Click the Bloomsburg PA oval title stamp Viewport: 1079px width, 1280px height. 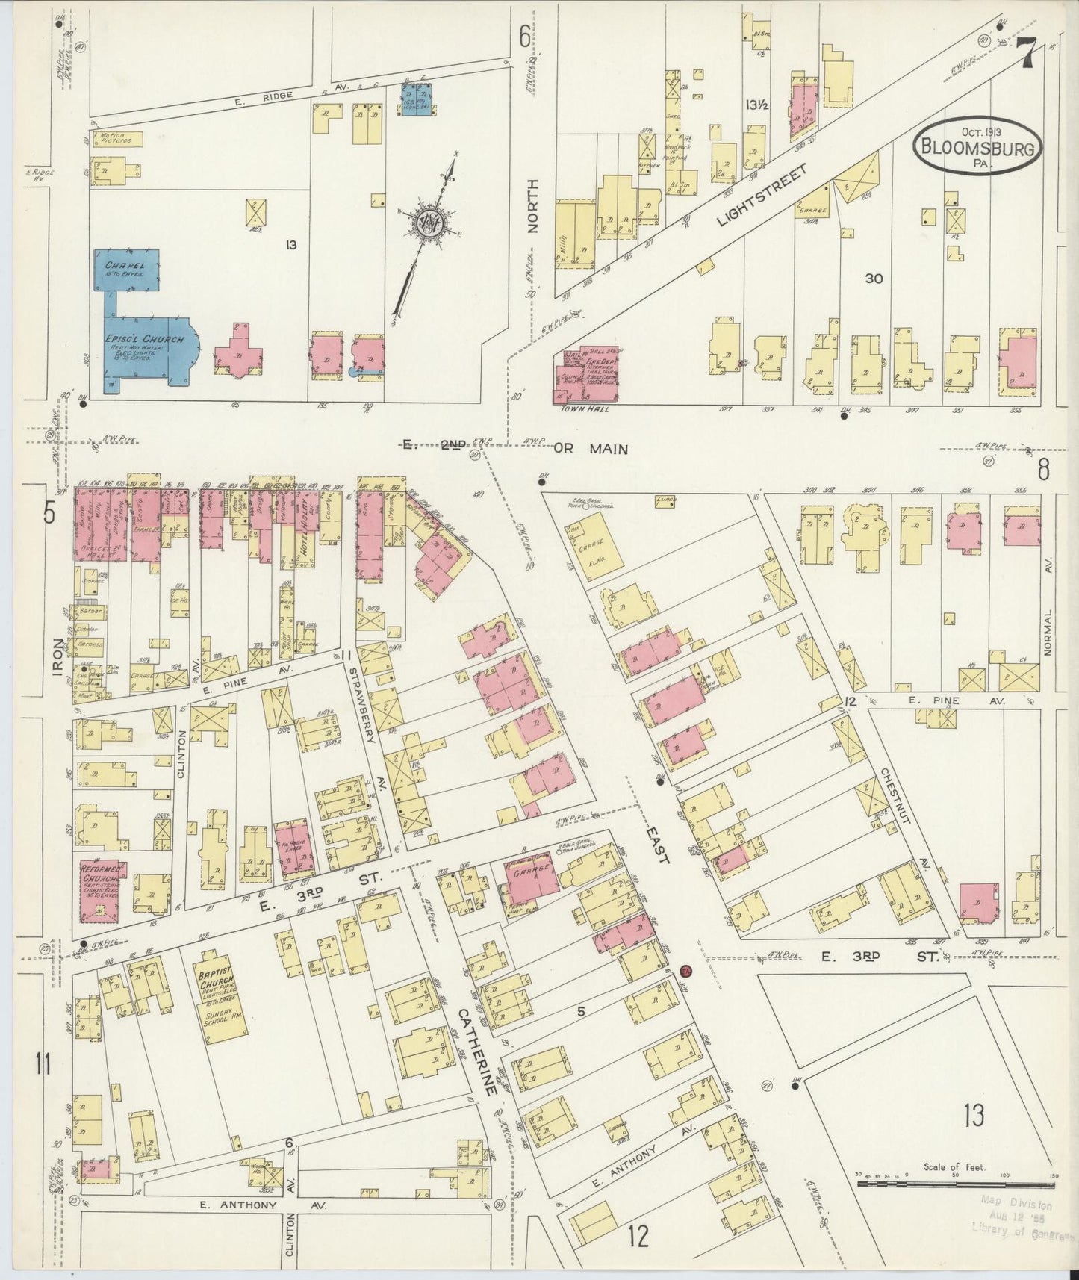[977, 146]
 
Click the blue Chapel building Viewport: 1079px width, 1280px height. [128, 271]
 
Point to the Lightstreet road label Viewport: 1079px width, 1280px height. [761, 196]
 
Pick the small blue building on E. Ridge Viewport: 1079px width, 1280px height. [418, 99]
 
